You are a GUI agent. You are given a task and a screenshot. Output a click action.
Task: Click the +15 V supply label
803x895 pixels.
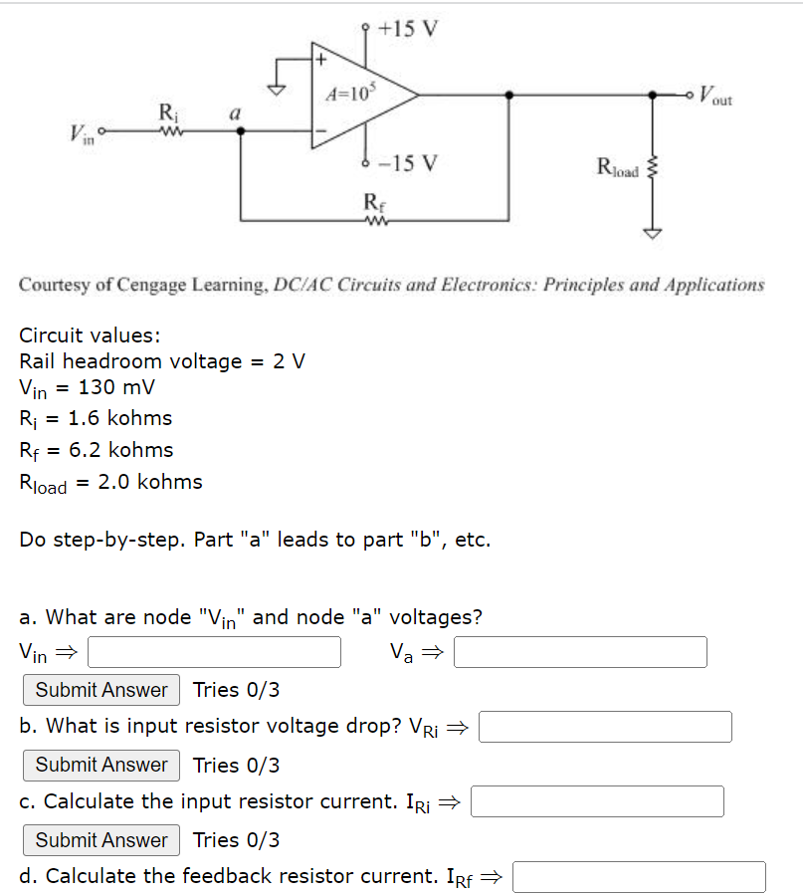tap(409, 28)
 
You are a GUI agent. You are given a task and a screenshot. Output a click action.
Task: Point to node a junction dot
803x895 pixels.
tap(237, 128)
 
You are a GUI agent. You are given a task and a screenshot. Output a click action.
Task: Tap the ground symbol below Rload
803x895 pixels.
tap(654, 233)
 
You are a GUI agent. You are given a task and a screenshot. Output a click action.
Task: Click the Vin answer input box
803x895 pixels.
tap(215, 652)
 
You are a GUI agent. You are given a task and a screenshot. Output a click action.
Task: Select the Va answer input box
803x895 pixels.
tap(581, 652)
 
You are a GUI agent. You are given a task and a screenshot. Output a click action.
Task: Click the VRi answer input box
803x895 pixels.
tap(605, 727)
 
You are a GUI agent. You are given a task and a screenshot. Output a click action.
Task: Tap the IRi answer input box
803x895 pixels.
tap(597, 801)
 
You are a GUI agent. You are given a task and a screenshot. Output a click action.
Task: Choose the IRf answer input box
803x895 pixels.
tap(639, 877)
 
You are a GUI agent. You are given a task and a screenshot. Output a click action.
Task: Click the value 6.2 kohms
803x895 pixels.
tap(121, 450)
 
